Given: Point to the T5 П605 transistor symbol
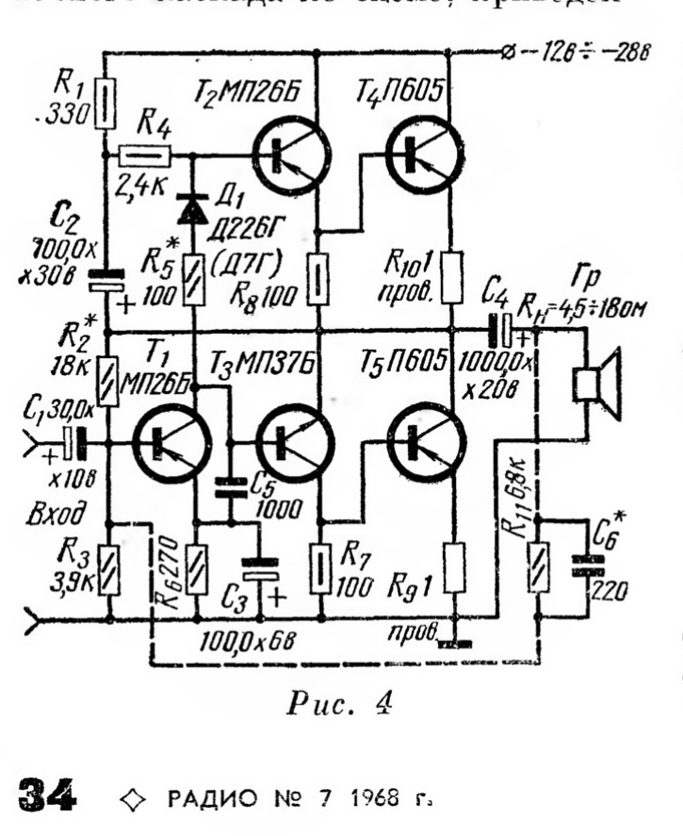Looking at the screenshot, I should (x=425, y=440).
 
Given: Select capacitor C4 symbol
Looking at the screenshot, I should (x=502, y=330).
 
